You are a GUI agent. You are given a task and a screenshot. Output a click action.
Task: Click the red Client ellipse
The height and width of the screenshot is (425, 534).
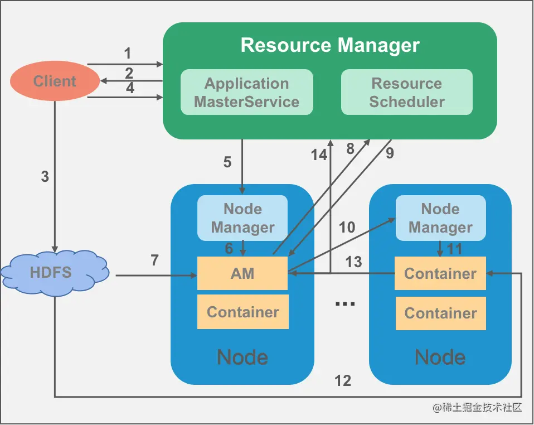pyautogui.click(x=54, y=81)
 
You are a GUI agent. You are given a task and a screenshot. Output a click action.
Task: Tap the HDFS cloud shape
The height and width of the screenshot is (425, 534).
pyautogui.click(x=55, y=273)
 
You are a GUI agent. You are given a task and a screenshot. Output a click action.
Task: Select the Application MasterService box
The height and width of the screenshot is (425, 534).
pyautogui.click(x=246, y=93)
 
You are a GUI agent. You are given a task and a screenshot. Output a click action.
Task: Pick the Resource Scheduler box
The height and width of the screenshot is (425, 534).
pyautogui.click(x=407, y=93)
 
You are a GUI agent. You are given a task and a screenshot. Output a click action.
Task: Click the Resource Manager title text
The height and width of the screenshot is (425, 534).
pyautogui.click(x=330, y=45)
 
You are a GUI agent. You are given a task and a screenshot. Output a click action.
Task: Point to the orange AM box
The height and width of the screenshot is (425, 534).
pyautogui.click(x=242, y=273)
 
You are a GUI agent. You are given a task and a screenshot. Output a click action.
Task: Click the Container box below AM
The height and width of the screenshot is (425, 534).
pyautogui.click(x=242, y=312)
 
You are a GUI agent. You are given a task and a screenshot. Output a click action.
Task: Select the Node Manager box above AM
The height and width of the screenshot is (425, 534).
pyautogui.click(x=242, y=218)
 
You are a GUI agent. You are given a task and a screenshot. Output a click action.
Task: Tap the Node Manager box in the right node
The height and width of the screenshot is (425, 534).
pyautogui.click(x=440, y=218)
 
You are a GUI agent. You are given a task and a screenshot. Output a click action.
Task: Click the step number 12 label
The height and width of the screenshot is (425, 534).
pyautogui.click(x=343, y=380)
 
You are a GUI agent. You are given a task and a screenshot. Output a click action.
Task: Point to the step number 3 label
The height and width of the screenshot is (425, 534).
pyautogui.click(x=45, y=177)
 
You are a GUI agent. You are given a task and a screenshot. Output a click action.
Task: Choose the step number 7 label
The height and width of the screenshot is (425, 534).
pyautogui.click(x=154, y=260)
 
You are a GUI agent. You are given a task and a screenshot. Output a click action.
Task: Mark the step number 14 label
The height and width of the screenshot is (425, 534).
pyautogui.click(x=319, y=155)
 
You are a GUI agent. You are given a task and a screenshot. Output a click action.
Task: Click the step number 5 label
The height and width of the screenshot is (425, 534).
pyautogui.click(x=227, y=162)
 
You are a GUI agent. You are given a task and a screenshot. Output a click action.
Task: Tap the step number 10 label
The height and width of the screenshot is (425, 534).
pyautogui.click(x=347, y=227)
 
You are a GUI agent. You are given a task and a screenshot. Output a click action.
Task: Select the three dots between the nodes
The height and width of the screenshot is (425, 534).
pyautogui.click(x=345, y=302)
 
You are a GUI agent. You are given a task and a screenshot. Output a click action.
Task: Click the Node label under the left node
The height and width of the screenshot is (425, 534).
pyautogui.click(x=242, y=357)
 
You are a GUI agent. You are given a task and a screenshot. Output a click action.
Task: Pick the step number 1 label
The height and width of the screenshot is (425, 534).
pyautogui.click(x=128, y=54)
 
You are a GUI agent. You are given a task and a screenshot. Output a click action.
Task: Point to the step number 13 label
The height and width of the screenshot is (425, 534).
pyautogui.click(x=353, y=262)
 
